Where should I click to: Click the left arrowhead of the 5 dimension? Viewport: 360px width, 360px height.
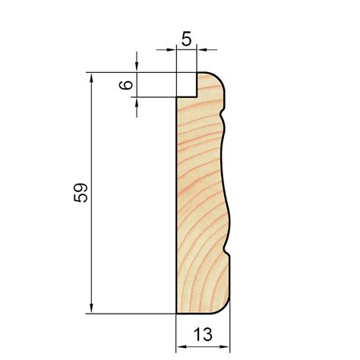click(x=172, y=49)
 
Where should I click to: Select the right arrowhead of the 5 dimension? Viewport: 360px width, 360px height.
click(x=203, y=49)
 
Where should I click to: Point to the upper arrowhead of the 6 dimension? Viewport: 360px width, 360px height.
click(x=137, y=68)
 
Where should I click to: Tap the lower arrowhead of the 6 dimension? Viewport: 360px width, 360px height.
click(x=137, y=103)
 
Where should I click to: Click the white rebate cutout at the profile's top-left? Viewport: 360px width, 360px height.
click(x=187, y=84)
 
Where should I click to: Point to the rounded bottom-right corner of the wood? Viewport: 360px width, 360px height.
click(x=226, y=308)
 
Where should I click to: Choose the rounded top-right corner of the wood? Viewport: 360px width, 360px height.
click(x=223, y=77)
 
